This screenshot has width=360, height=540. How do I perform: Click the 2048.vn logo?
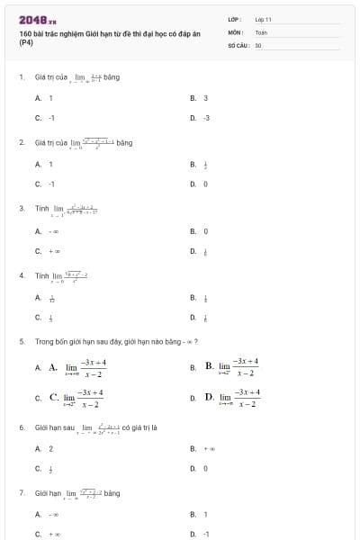click(38, 19)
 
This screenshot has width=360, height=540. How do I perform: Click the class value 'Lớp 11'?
click(263, 19)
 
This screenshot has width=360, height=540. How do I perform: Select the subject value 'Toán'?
click(261, 31)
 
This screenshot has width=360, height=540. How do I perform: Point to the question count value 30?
click(258, 44)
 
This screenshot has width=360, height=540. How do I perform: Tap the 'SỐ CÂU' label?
click(238, 44)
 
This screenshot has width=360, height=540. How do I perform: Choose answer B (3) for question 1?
click(205, 98)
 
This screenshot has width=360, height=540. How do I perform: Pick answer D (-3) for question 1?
click(205, 118)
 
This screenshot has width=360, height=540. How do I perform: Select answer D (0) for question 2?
click(205, 184)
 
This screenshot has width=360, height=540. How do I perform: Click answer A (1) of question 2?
click(50, 164)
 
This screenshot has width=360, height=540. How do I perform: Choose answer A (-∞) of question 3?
click(53, 231)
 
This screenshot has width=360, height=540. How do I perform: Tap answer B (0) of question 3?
click(205, 231)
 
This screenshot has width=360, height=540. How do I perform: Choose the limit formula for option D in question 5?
click(238, 397)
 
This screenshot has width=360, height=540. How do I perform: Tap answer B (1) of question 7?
click(205, 515)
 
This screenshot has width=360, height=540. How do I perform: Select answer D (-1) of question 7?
click(205, 535)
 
